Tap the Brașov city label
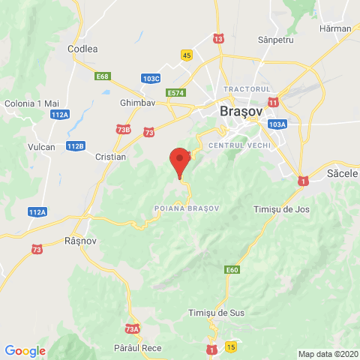[x=241, y=111]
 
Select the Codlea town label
[x=82, y=49]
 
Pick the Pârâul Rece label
[x=133, y=348]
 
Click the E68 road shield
[x=103, y=76]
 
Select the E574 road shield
[x=176, y=92]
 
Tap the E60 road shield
[x=231, y=269]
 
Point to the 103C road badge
[x=151, y=78]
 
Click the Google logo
[x=25, y=350]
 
